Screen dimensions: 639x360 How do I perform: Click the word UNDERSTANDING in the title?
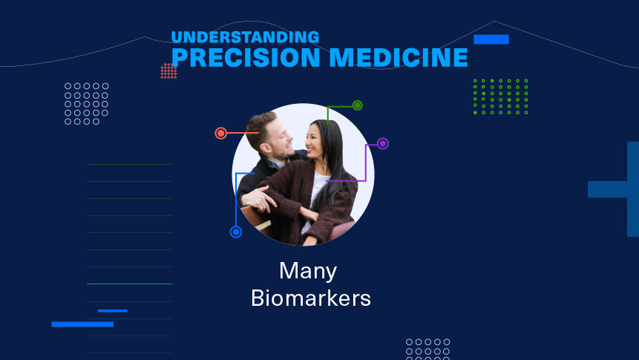246,37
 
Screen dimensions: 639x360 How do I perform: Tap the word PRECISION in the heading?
246,57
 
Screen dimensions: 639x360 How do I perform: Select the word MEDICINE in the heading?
399,57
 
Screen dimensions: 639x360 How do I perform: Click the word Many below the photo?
308,271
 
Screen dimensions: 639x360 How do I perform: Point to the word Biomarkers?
310,298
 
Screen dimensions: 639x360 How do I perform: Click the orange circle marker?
221,133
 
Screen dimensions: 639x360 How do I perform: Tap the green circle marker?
358,105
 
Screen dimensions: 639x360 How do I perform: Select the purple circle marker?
383,143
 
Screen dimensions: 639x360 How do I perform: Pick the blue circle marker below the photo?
236,232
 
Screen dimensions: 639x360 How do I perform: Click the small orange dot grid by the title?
168,71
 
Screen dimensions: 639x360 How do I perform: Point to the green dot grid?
500,96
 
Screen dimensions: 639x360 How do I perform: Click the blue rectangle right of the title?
491,39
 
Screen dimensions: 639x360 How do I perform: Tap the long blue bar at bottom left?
82,324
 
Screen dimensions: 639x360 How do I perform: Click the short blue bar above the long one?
113,311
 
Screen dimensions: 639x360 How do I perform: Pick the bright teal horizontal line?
129,284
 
